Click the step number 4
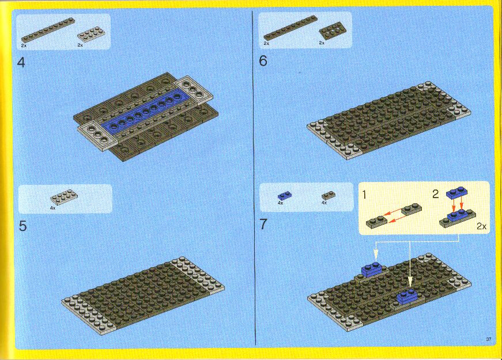21,62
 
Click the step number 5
22,226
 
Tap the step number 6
263,61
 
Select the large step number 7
263,224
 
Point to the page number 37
489,339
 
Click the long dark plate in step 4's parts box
48,30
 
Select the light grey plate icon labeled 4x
65,197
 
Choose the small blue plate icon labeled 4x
285,195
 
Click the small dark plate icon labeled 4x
329,195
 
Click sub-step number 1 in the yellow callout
365,194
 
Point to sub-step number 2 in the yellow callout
436,194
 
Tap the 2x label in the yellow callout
481,226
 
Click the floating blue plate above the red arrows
457,192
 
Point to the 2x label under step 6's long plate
266,43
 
